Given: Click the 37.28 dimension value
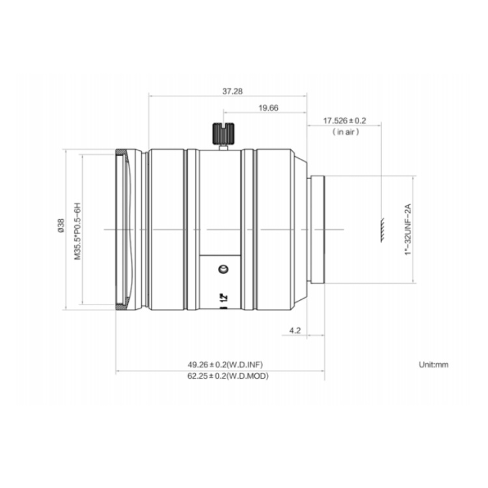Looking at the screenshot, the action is [232, 91].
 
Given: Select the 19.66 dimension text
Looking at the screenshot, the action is [268, 108].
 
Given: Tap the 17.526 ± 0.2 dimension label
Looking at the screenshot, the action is [344, 120].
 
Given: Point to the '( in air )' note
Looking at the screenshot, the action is [346, 132].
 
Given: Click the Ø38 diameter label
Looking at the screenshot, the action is [61, 226].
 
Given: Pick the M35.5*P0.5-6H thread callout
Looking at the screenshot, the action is [77, 231].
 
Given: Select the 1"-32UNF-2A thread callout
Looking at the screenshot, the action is [408, 230].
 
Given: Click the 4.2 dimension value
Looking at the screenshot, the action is [295, 330].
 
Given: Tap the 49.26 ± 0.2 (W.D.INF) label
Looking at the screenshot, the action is [225, 364].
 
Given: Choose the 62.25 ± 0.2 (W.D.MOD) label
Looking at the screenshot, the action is [228, 376].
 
